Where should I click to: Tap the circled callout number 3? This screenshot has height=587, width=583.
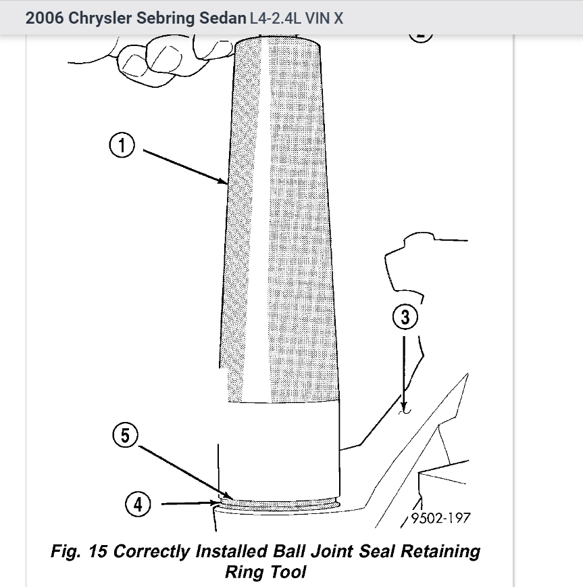(405, 317)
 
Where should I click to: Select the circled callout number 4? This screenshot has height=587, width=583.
(138, 504)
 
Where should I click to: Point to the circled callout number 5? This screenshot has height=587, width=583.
(125, 435)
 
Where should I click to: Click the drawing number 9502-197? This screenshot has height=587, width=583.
(440, 519)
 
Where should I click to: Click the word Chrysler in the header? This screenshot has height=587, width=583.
(101, 18)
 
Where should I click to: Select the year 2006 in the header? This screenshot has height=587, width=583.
(44, 18)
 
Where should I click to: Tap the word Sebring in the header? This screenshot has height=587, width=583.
(167, 18)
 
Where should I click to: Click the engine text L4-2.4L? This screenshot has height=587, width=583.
(275, 18)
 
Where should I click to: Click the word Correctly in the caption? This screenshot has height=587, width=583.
(152, 551)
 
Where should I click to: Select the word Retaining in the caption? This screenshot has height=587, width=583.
(440, 551)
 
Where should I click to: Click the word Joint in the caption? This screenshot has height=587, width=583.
(322, 551)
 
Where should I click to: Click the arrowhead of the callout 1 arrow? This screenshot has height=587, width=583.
(224, 181)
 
